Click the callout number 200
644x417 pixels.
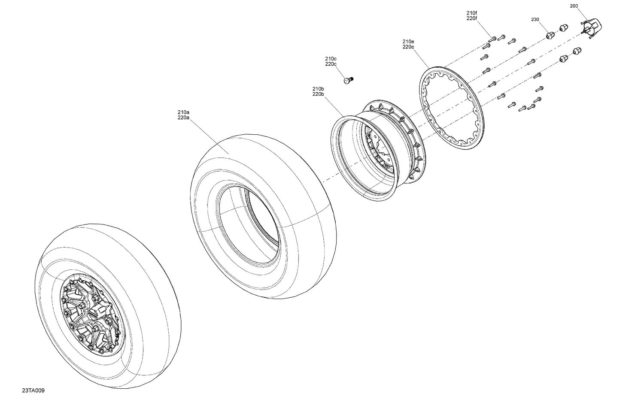click(x=574, y=6)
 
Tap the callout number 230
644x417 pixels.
click(x=535, y=19)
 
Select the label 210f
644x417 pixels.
click(x=471, y=13)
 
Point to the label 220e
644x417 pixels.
click(x=408, y=47)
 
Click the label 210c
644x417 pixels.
click(x=331, y=58)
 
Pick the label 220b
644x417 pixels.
click(x=318, y=94)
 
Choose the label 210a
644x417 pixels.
click(x=183, y=112)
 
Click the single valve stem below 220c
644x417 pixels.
click(x=348, y=80)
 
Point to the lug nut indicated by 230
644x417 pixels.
click(x=550, y=36)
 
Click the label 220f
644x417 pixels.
click(x=471, y=18)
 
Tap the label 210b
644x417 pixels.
click(x=318, y=89)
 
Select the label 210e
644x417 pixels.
click(x=408, y=42)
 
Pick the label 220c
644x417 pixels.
click(x=331, y=64)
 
